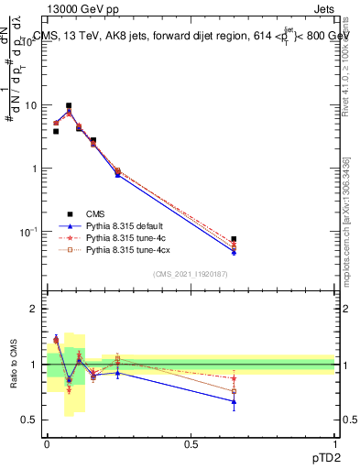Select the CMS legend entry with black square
(x=83, y=213)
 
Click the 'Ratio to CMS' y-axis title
(x=15, y=364)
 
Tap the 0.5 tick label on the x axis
(x=191, y=444)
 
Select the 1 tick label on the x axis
(x=334, y=444)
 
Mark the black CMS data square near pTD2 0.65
(x=235, y=239)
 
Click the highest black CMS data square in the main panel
(x=69, y=106)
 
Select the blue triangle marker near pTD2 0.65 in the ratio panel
(x=235, y=401)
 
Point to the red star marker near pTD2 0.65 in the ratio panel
(x=235, y=378)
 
